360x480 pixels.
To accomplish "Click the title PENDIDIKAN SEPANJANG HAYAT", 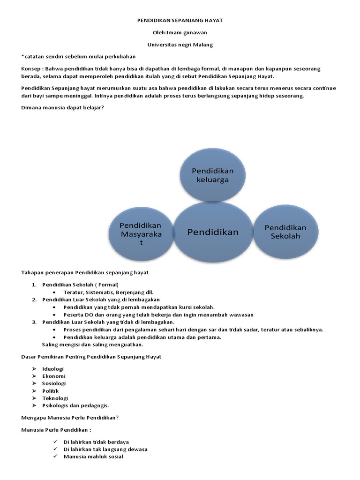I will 180,21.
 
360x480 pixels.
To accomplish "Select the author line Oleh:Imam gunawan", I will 180,33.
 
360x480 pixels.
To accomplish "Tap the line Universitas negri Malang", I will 180,45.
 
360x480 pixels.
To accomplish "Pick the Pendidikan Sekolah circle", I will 285,232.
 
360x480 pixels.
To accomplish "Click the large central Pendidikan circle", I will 213,232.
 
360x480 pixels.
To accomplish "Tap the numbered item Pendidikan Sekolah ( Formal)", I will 81,285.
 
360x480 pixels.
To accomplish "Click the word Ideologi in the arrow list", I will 53,369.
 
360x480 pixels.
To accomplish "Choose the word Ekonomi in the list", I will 54,376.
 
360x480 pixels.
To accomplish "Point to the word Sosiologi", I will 54,383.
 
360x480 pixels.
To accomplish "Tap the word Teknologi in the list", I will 55,398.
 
